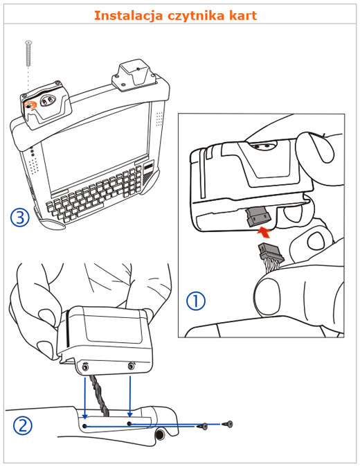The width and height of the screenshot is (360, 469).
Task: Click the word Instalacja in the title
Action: [x=128, y=15]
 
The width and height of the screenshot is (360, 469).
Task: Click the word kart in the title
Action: [x=242, y=15]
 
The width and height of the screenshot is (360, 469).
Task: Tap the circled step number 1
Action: [x=196, y=301]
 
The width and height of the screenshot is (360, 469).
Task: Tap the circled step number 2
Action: [x=22, y=426]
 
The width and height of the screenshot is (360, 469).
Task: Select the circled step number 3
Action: [x=20, y=218]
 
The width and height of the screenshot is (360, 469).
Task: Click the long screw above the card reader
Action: [x=28, y=53]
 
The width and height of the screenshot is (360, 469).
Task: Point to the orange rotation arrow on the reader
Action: [x=30, y=105]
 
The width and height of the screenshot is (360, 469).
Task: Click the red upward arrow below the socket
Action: [x=264, y=232]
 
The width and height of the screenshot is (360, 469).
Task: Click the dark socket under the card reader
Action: [x=258, y=216]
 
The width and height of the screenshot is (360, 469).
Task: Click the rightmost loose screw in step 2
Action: [x=228, y=423]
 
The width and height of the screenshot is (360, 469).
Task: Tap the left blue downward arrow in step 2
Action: [x=85, y=398]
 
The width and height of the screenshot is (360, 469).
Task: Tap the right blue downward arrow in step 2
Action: [x=129, y=397]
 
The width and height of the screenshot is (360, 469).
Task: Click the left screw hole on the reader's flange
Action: [x=86, y=366]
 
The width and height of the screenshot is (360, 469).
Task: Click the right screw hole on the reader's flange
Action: [x=131, y=366]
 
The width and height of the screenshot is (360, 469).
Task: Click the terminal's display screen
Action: [x=96, y=150]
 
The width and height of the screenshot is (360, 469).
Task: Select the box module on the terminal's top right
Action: [x=134, y=77]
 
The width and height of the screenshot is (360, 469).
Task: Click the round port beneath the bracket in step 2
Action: [x=161, y=434]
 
